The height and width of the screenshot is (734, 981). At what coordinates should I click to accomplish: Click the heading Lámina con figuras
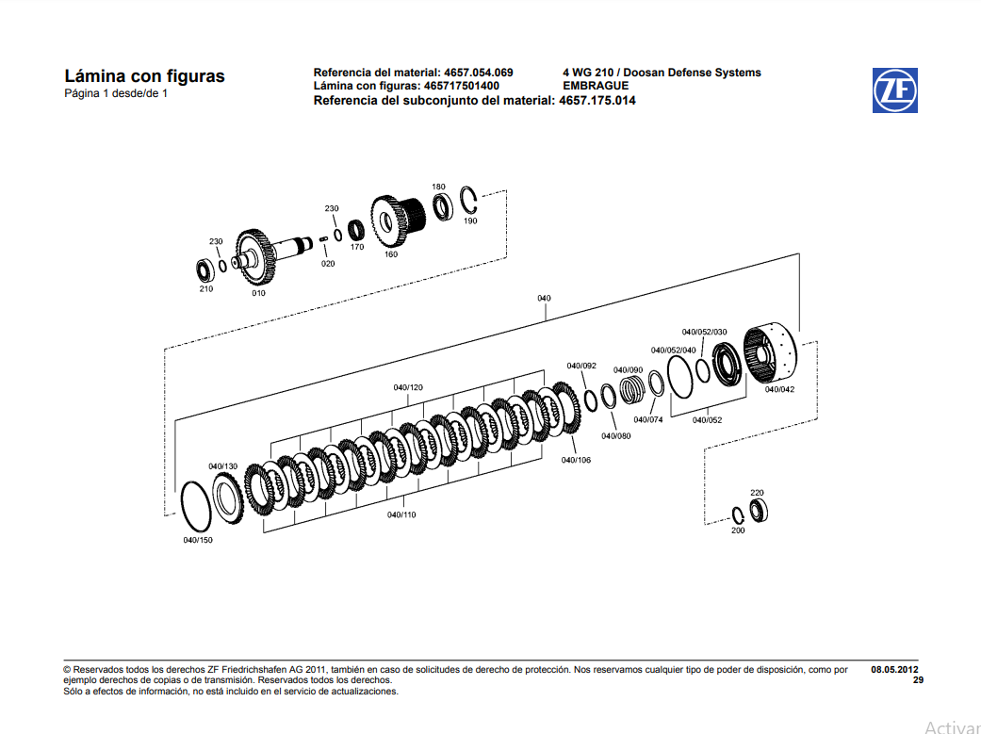pyautogui.click(x=144, y=76)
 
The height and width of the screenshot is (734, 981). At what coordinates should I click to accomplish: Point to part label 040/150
pyautogui.click(x=198, y=541)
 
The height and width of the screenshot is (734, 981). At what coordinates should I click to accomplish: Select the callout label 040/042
pyautogui.click(x=779, y=389)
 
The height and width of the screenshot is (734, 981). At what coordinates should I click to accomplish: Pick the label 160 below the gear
pyautogui.click(x=391, y=254)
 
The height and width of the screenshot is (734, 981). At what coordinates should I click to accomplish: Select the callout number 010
pyautogui.click(x=258, y=293)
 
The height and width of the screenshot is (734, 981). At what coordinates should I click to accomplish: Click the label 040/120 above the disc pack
pyautogui.click(x=408, y=388)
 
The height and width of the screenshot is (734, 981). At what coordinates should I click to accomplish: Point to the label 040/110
pyautogui.click(x=401, y=514)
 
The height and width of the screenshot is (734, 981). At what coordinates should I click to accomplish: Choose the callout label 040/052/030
pyautogui.click(x=704, y=332)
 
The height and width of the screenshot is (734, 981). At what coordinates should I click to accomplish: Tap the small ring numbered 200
pyautogui.click(x=738, y=514)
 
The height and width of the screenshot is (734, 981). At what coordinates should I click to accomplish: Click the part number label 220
pyautogui.click(x=757, y=493)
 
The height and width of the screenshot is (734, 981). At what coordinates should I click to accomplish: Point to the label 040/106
pyautogui.click(x=576, y=460)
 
